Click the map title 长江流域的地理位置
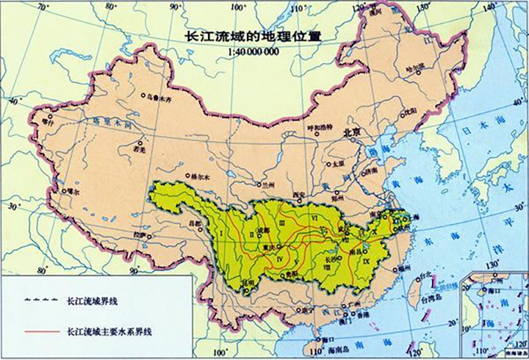click(251, 35)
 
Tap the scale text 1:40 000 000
click(253, 52)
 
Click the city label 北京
click(354, 133)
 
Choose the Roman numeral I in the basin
click(222, 233)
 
